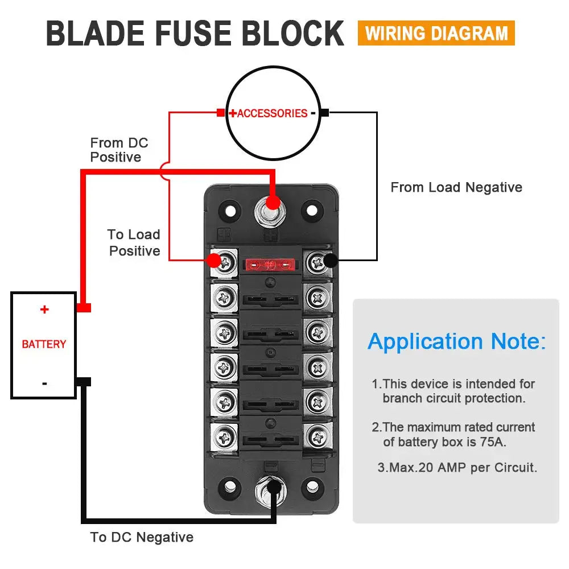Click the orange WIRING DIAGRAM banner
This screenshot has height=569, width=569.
(436, 33)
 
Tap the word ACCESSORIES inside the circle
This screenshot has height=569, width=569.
(272, 113)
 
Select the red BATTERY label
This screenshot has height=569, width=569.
(44, 344)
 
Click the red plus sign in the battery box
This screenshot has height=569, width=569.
(44, 310)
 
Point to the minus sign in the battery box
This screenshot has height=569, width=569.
(44, 383)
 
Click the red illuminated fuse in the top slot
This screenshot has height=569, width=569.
(271, 265)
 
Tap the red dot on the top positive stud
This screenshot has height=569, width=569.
(274, 202)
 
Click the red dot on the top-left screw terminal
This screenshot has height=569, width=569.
(213, 261)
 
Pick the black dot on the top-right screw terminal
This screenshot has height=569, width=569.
(330, 261)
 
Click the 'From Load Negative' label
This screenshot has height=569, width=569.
(456, 187)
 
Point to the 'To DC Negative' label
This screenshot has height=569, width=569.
(142, 537)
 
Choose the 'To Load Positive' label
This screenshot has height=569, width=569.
(134, 242)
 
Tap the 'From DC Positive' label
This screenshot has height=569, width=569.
(119, 150)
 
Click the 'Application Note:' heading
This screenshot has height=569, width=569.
(456, 341)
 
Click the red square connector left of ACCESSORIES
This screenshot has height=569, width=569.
(221, 113)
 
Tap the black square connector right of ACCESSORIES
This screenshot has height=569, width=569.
(324, 113)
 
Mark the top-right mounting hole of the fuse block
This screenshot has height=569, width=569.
(312, 210)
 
